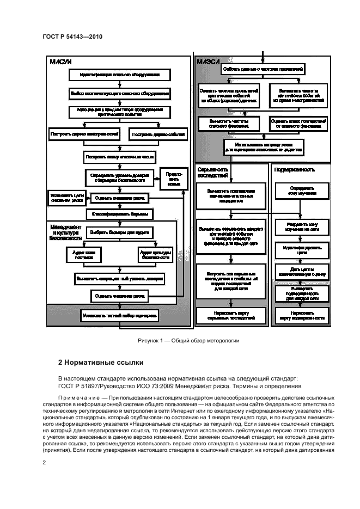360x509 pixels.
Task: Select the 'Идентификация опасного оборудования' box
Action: point(119,74)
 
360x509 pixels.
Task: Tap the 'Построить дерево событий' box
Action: point(157,133)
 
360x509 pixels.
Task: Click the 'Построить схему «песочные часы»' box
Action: point(120,157)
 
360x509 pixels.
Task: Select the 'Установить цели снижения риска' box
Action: point(66,197)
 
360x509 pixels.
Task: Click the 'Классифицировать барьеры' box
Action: point(120,214)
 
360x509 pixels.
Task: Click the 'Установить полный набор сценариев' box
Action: point(119,315)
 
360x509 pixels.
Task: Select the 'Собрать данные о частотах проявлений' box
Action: point(263,69)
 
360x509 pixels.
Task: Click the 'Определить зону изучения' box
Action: point(301,191)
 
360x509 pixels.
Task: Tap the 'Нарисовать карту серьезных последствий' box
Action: point(231,315)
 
